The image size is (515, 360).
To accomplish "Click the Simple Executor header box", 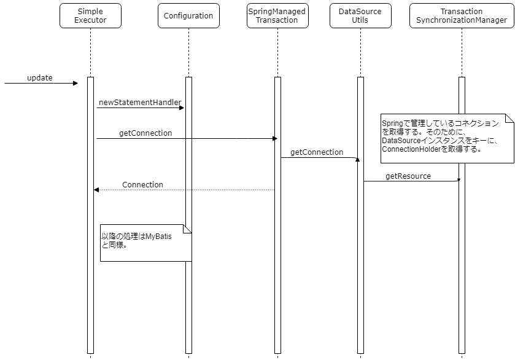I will click(90, 16).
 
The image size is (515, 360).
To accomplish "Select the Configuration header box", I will click(188, 16).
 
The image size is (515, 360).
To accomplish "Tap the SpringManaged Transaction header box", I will click(276, 16).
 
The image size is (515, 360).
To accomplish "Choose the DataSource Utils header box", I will click(360, 16).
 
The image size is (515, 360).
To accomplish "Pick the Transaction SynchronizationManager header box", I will click(461, 16).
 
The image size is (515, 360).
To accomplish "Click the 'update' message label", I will click(40, 78).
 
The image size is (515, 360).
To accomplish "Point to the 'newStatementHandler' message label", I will click(140, 102).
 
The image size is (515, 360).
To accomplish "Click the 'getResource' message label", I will click(408, 176).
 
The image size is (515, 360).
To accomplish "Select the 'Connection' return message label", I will click(142, 184).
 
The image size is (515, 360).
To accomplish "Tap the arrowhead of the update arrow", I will click(76, 84).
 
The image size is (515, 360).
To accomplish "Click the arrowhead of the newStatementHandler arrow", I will click(182, 108).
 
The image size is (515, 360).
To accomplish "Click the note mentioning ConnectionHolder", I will click(447, 138).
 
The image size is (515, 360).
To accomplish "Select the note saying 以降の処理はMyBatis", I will click(145, 243).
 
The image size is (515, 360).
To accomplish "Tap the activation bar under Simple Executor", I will click(90, 276).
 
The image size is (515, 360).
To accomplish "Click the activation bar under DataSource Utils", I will click(360, 276).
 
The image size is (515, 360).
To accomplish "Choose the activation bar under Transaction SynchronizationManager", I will click(462, 276).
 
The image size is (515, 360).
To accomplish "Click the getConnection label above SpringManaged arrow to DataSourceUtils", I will click(317, 152).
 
